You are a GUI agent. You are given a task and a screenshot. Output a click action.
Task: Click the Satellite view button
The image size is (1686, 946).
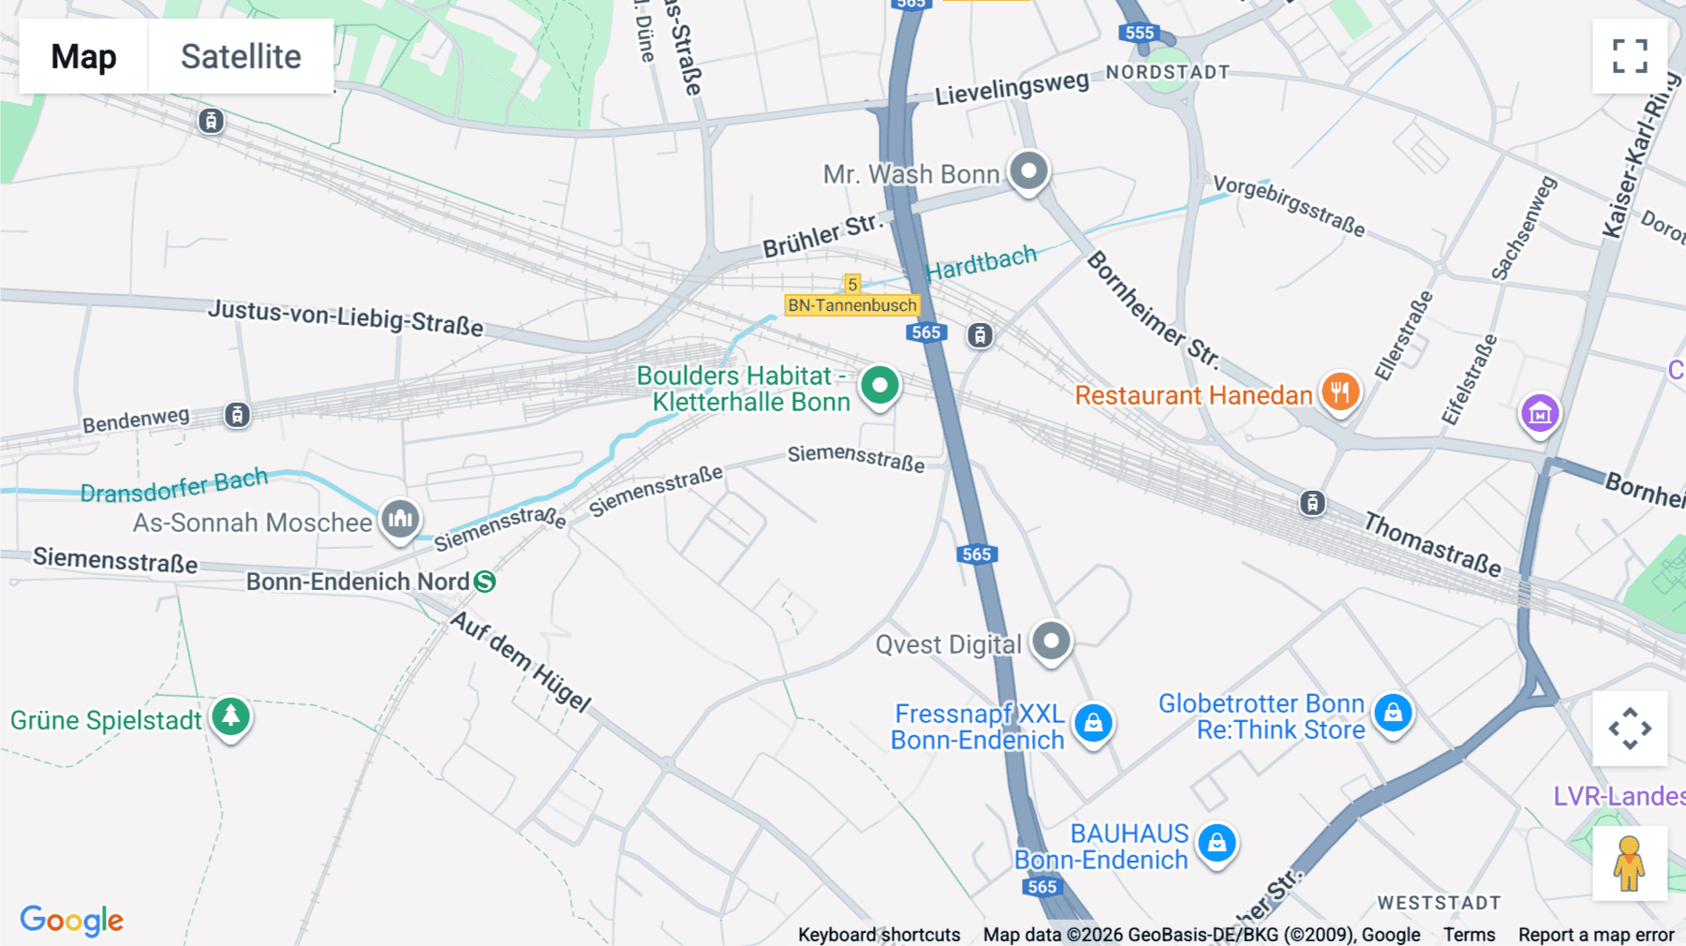pos(241,56)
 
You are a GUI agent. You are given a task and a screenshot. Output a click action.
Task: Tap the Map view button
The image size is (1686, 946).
pos(83,56)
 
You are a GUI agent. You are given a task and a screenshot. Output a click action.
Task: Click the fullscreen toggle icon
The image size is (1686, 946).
pos(1630,56)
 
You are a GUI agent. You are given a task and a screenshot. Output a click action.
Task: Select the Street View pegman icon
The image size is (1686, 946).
pos(1629,863)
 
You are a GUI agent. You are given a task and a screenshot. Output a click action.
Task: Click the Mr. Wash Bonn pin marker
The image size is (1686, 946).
pos(1028,172)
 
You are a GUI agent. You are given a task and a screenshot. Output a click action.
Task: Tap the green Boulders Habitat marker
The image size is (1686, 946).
pos(880,386)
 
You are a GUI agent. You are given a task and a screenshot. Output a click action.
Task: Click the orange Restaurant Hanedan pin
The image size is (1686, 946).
pos(1340,392)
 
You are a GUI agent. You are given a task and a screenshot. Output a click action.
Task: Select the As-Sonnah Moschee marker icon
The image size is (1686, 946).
pos(400,519)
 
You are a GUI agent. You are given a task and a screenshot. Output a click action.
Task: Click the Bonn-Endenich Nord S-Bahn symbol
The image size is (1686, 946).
pos(484,582)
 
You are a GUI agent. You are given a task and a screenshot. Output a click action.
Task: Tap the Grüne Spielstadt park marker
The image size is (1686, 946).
pos(230,717)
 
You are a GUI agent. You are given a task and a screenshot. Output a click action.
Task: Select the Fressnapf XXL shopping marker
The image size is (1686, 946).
pos(1093,724)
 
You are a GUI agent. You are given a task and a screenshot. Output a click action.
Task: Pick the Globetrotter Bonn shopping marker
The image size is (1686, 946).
pos(1393,714)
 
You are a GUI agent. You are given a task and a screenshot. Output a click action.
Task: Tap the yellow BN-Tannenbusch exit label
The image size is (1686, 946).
pos(851,305)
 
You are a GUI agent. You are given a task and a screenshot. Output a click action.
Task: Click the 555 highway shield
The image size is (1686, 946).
pos(1139,33)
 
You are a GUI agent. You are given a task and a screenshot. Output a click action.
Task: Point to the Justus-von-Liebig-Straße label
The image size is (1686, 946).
pos(346,318)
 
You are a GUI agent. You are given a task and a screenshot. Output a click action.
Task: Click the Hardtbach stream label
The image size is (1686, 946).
pos(981,263)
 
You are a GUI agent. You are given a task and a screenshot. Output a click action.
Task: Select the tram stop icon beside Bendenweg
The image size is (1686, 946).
pos(237,415)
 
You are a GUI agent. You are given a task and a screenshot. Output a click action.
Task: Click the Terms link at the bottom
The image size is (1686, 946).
pos(1469,934)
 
